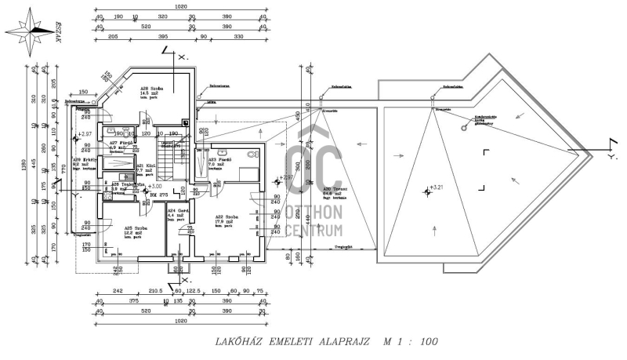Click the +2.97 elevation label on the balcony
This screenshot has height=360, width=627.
(85, 134)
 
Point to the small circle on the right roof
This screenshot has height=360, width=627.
(466, 122)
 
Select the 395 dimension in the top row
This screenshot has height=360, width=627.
(162, 37)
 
